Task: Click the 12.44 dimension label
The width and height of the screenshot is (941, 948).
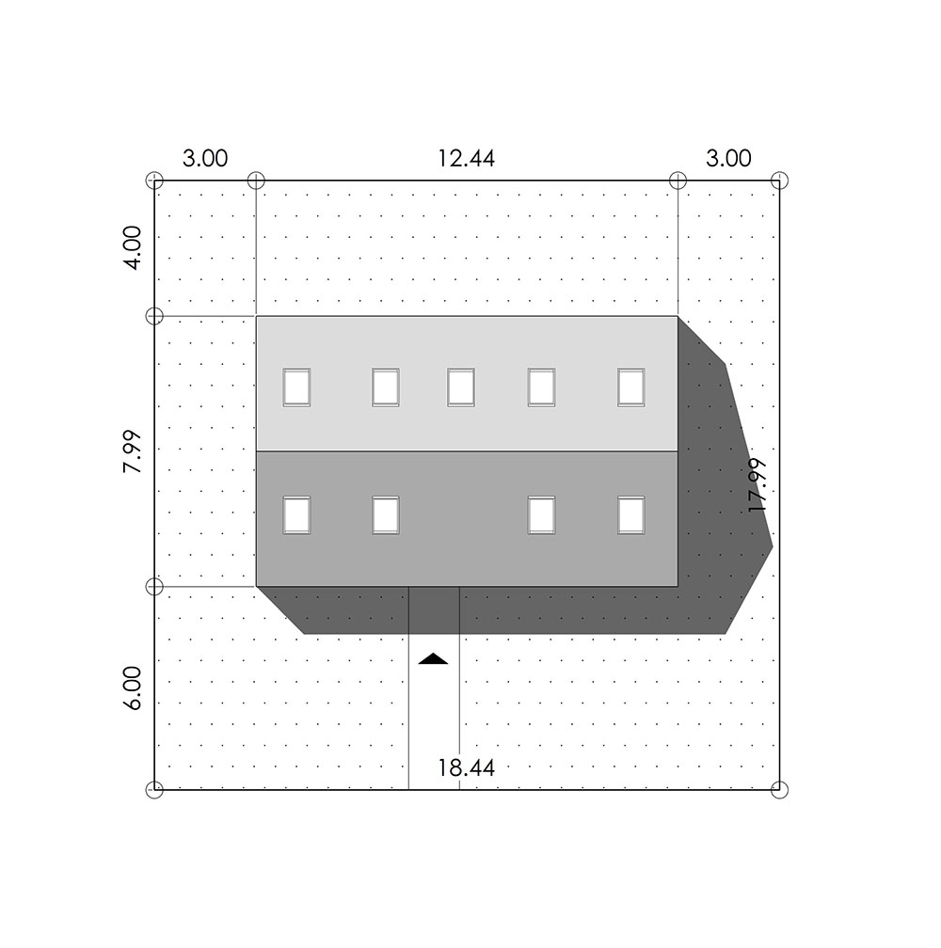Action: (466, 158)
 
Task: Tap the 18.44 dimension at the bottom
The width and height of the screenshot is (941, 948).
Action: (466, 767)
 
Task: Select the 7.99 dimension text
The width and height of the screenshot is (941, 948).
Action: (133, 451)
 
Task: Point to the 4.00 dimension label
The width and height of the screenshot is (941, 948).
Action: (133, 248)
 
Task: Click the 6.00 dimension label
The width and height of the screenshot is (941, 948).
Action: (133, 688)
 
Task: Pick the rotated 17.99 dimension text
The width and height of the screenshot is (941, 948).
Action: (758, 485)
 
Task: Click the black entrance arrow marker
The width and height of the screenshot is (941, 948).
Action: (433, 659)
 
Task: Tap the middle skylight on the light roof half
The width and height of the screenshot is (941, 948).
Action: (461, 387)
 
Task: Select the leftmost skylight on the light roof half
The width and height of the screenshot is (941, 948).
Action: (296, 387)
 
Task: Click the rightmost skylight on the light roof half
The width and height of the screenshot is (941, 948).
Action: (631, 387)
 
